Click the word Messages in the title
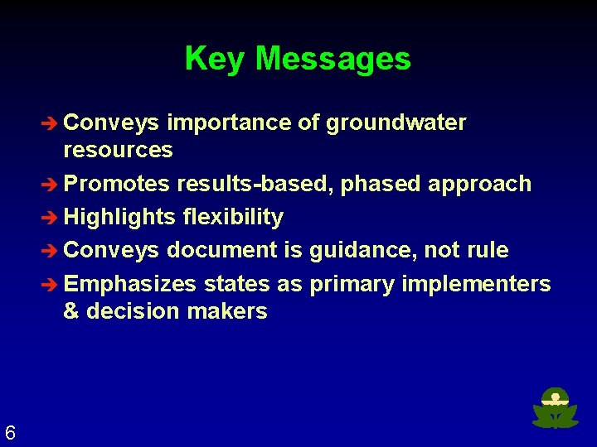333,59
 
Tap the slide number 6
10,432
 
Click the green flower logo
555,408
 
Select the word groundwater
396,123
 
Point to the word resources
118,150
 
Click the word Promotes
117,183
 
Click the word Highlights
119,217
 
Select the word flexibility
233,217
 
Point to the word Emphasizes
130,284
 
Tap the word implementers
476,284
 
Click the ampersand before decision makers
70,311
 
